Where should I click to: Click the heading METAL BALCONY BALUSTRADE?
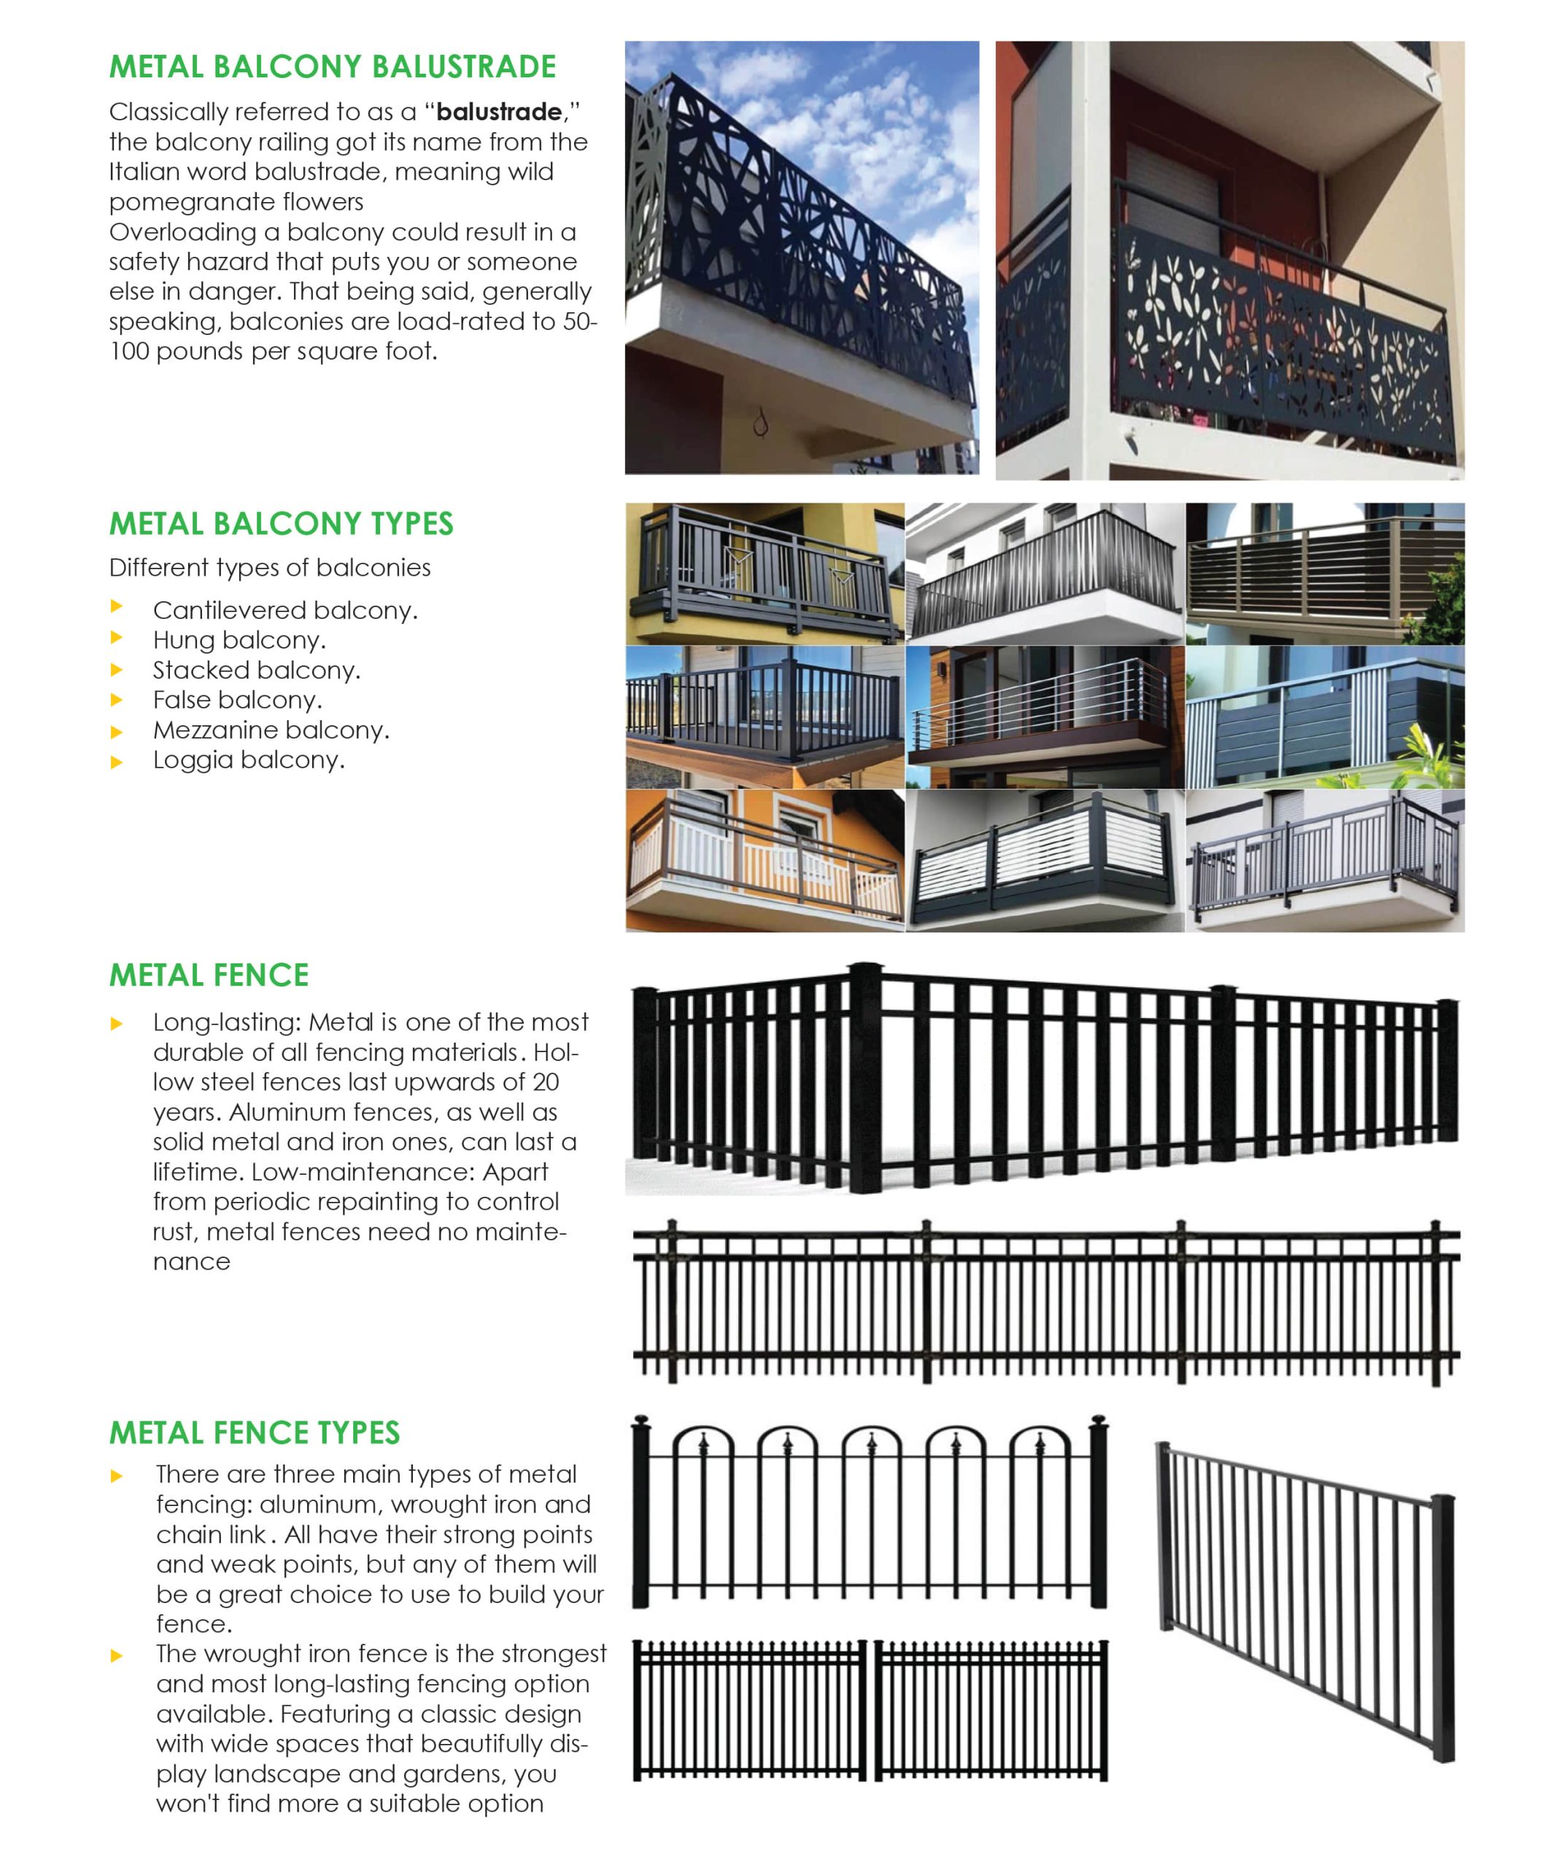click(x=332, y=66)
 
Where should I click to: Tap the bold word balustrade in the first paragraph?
click(x=499, y=112)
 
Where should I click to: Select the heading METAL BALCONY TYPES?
click(x=281, y=524)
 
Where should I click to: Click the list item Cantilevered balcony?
click(x=284, y=610)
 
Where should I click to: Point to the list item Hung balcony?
click(x=239, y=641)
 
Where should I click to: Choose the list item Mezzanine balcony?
click(x=271, y=730)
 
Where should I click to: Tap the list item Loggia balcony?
click(x=248, y=760)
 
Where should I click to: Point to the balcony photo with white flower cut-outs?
click(x=1229, y=260)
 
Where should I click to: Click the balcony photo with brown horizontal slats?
click(x=1325, y=574)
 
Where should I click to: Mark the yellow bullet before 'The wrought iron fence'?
click(x=117, y=1656)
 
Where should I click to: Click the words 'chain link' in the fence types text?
click(x=210, y=1535)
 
